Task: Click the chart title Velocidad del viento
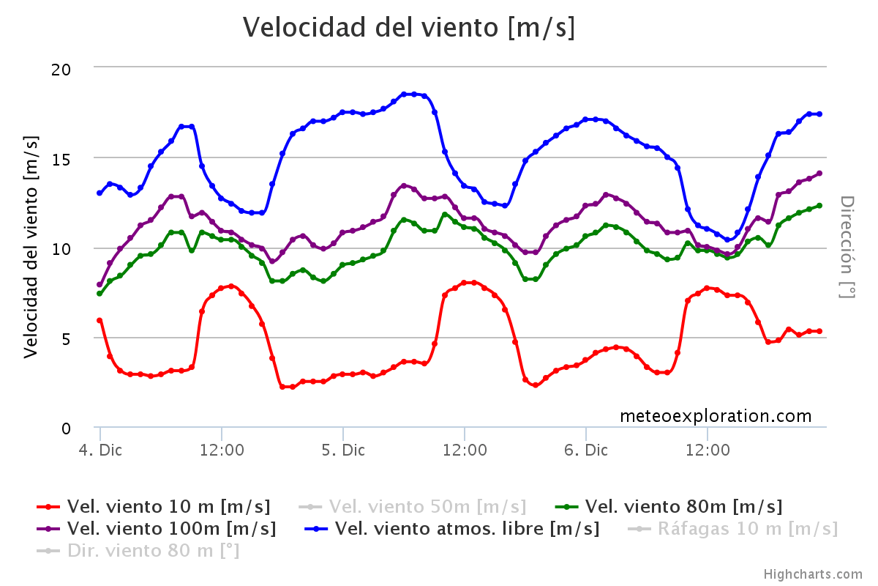(409, 27)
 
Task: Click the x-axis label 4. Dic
(100, 450)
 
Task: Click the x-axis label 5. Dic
(343, 450)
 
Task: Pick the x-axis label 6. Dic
(586, 450)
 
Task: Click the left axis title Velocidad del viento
(30, 248)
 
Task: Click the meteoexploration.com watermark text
(716, 416)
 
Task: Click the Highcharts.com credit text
(813, 575)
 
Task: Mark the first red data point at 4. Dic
(100, 320)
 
